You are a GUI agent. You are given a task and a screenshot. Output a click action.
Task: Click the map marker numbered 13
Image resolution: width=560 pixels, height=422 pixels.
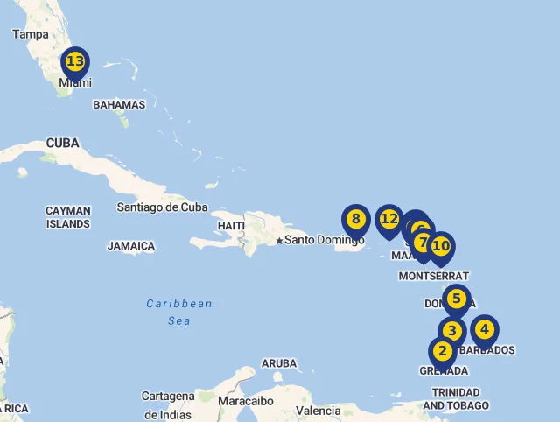(75, 63)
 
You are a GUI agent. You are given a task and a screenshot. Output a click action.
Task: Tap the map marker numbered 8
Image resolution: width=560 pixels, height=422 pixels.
(355, 220)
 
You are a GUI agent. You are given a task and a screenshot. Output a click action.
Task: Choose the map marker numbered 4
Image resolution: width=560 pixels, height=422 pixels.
(484, 331)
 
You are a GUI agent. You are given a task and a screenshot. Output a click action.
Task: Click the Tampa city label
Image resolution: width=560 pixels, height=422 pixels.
(31, 34)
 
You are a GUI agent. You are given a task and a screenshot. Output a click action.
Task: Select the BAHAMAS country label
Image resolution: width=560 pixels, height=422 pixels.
(119, 105)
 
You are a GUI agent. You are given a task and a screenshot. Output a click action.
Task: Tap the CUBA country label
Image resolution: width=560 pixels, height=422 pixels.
(62, 143)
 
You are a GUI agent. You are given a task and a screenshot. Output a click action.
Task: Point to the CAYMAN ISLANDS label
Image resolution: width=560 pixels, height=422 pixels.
(67, 217)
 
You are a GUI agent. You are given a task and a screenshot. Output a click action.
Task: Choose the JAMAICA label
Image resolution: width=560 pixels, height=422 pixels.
(131, 247)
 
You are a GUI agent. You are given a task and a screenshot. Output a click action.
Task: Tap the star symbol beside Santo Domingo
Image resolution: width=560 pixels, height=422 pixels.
(279, 241)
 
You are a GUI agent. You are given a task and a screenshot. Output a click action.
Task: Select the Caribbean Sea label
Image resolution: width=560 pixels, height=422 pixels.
(179, 313)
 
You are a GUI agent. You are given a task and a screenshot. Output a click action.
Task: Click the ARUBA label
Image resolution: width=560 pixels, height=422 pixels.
(279, 363)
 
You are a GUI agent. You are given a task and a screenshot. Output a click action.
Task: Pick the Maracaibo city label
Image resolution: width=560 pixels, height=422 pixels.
(246, 401)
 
